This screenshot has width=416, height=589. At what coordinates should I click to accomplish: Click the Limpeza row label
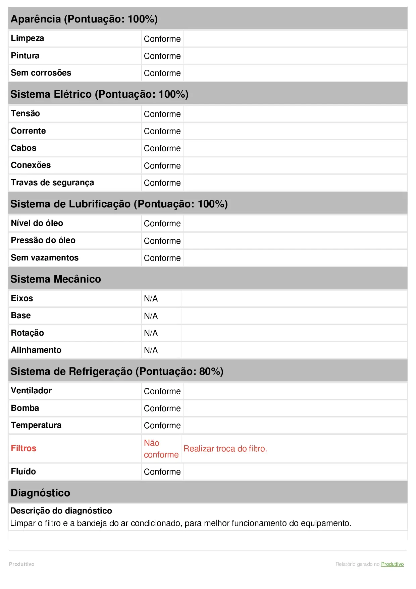(27, 38)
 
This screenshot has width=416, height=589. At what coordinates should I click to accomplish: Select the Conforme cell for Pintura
(162, 56)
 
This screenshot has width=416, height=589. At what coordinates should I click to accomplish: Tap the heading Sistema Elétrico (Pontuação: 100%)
(99, 94)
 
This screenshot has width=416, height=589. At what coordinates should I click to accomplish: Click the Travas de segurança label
(52, 183)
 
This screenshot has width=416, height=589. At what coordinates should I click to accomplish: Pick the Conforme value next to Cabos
(162, 148)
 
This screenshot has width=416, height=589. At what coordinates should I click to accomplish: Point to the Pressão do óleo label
(43, 240)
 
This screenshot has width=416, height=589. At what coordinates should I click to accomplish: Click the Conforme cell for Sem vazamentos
(162, 258)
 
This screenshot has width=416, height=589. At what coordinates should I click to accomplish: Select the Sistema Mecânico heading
(56, 279)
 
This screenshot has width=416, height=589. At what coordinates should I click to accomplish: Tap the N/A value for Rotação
(151, 333)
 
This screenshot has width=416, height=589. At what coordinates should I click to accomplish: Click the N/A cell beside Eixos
(151, 299)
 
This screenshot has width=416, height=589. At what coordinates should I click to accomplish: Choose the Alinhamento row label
(36, 350)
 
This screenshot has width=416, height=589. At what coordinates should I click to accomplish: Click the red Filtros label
(23, 448)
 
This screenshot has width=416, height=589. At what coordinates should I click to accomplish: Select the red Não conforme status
(161, 449)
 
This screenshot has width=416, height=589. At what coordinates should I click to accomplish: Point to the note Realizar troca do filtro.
(225, 449)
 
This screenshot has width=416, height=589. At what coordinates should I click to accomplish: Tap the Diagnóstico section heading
(40, 493)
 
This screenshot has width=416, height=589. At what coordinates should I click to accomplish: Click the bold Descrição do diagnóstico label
(61, 511)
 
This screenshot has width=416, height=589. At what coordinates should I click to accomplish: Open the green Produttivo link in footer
(392, 564)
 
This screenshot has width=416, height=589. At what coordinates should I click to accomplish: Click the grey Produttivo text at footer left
(21, 564)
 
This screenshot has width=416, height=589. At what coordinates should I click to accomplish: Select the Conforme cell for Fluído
(162, 472)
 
